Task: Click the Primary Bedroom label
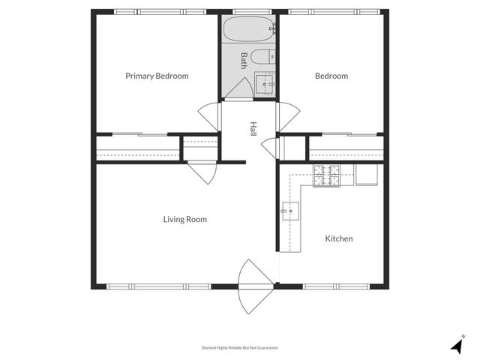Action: tap(157, 76)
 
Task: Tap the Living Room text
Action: tap(185, 220)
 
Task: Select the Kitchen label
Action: tap(338, 238)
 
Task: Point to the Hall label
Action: tap(253, 129)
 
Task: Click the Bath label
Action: tap(244, 59)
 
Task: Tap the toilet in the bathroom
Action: tap(263, 58)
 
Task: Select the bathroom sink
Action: tap(265, 84)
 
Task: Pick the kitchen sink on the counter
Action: tap(290, 212)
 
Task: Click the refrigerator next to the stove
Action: tap(367, 173)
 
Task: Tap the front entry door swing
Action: tap(254, 286)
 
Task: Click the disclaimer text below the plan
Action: tap(240, 347)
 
